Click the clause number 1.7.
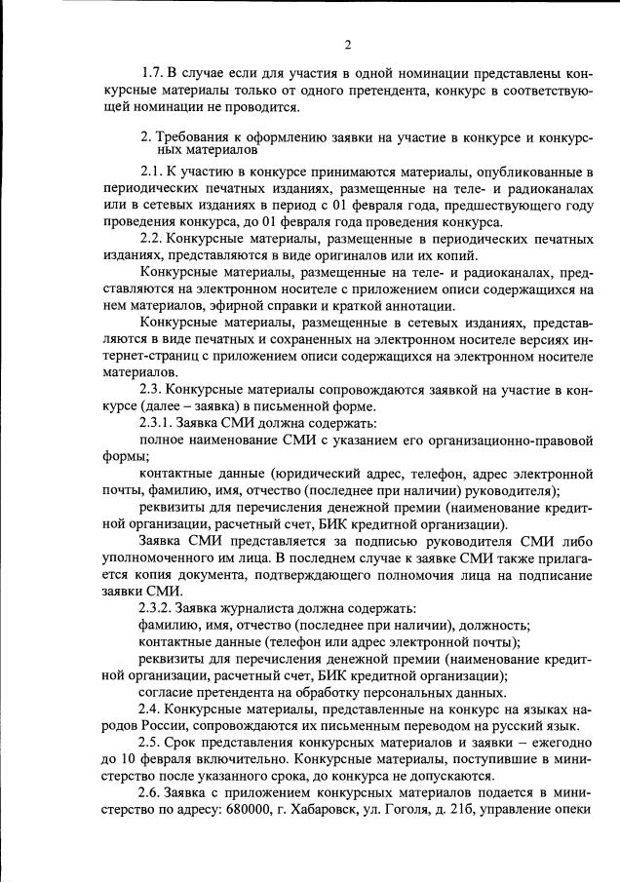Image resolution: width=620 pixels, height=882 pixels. click(153, 73)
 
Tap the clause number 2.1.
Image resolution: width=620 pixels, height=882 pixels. click(152, 173)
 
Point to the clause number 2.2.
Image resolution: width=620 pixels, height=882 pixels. click(152, 239)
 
